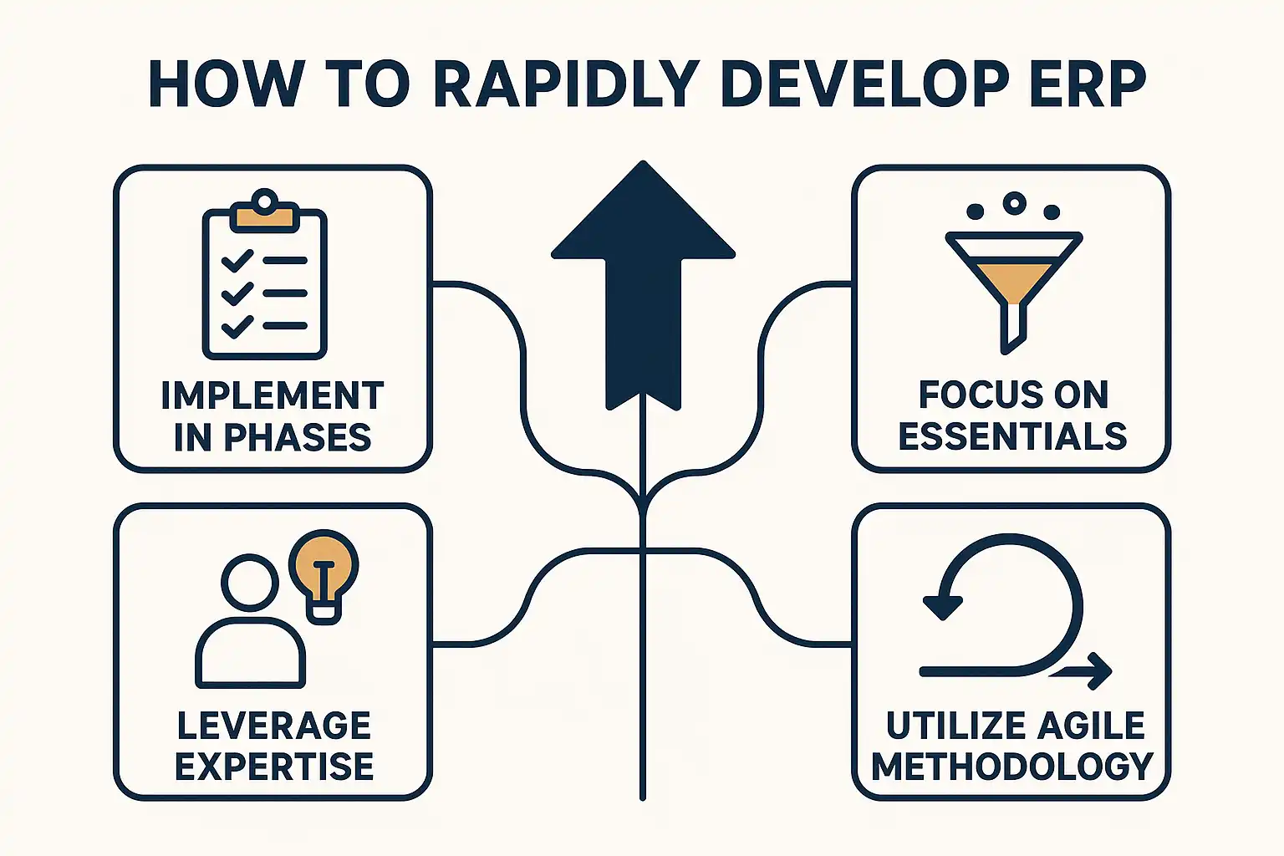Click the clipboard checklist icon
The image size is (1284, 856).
[x=264, y=276]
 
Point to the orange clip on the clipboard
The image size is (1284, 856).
[x=265, y=217]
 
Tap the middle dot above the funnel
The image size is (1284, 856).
[x=1014, y=202]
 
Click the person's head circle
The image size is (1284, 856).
[x=250, y=582]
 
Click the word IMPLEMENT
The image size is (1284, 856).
[x=273, y=395]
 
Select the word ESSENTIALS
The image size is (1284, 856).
[x=1012, y=436]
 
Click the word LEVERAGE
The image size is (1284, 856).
[x=273, y=726]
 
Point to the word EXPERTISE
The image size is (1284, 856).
[x=273, y=767]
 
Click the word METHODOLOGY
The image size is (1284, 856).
[x=1012, y=767]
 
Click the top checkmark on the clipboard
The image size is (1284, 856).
[x=237, y=261]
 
